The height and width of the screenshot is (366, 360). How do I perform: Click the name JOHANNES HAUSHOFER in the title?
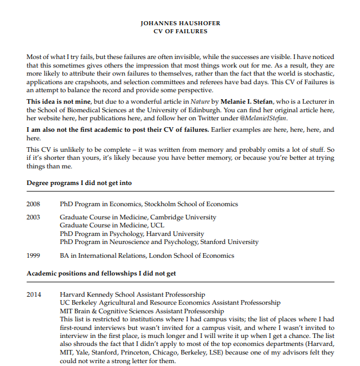pos(180,23)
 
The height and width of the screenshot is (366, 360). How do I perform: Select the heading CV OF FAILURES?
pos(180,32)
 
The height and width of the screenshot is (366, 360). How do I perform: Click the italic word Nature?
pos(196,101)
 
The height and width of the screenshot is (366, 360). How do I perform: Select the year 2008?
pos(34,204)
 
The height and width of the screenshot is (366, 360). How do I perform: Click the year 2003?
pos(34,217)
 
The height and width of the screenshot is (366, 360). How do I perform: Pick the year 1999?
pos(34,255)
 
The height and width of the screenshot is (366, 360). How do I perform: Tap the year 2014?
pos(34,294)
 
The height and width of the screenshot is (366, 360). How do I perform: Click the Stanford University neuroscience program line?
pos(159,242)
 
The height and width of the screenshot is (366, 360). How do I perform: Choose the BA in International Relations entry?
pos(147,255)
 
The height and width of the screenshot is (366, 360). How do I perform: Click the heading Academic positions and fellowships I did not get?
pos(101,273)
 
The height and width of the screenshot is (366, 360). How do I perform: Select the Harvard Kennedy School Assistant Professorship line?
pos(132,294)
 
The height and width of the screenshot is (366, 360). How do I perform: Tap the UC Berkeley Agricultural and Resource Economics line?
pos(170,302)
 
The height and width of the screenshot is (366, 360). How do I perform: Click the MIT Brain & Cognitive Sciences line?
pos(142,311)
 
